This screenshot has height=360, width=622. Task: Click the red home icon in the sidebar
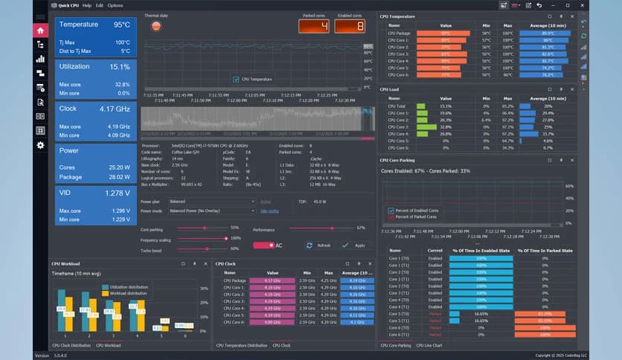click(x=40, y=30)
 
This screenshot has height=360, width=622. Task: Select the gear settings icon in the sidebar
click(x=40, y=145)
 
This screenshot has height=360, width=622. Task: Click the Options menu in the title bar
click(x=115, y=5)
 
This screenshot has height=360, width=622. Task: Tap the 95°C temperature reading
click(x=122, y=25)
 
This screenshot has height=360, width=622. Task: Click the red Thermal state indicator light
click(x=156, y=26)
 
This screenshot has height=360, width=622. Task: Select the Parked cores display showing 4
click(x=314, y=26)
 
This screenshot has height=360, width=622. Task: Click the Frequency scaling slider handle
click(x=222, y=238)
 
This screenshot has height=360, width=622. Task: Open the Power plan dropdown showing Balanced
click(x=212, y=201)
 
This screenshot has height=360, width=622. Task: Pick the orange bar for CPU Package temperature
click(x=444, y=33)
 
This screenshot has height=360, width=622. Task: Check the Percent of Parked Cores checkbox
click(x=391, y=216)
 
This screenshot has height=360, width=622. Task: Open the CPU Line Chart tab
click(x=429, y=346)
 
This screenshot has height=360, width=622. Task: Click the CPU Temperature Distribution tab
click(x=242, y=346)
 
